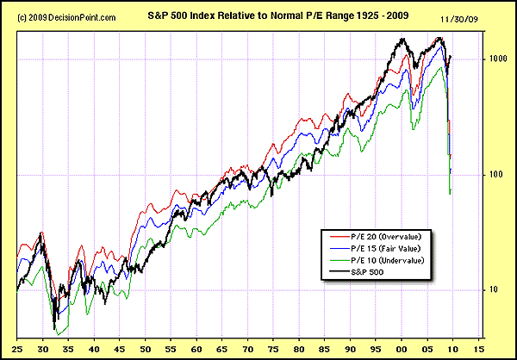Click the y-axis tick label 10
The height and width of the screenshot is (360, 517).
(494, 290)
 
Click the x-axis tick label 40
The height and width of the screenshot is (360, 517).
(97, 350)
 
